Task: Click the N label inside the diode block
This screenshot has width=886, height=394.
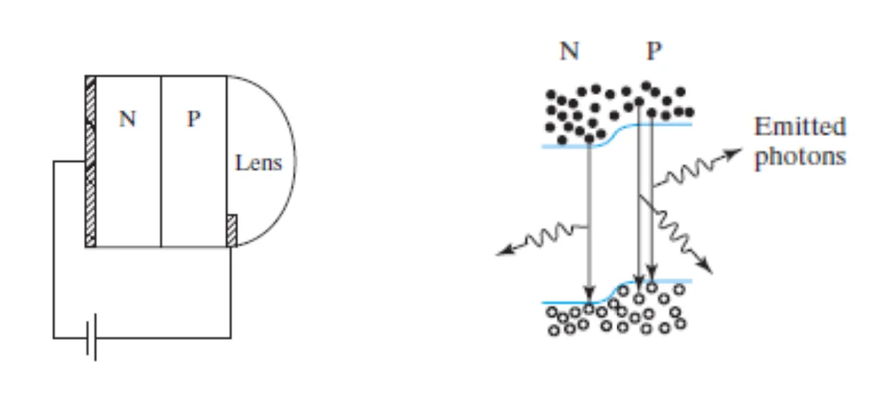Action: pyautogui.click(x=127, y=119)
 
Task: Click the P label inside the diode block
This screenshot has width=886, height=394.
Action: pyautogui.click(x=194, y=119)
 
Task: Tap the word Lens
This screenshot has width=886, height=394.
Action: pyautogui.click(x=258, y=162)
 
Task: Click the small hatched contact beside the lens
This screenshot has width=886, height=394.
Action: pyautogui.click(x=232, y=231)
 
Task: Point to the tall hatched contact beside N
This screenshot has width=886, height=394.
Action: pyautogui.click(x=91, y=161)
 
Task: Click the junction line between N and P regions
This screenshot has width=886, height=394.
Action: pyautogui.click(x=161, y=161)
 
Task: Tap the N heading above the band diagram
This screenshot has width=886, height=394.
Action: pyautogui.click(x=570, y=51)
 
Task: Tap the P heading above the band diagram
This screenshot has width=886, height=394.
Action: pyautogui.click(x=654, y=51)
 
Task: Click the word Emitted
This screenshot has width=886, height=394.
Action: pyautogui.click(x=800, y=127)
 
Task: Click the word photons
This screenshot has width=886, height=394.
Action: pyautogui.click(x=800, y=156)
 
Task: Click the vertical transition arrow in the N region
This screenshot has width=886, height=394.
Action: pyautogui.click(x=588, y=223)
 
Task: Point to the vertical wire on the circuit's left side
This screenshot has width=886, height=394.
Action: pyautogui.click(x=53, y=249)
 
